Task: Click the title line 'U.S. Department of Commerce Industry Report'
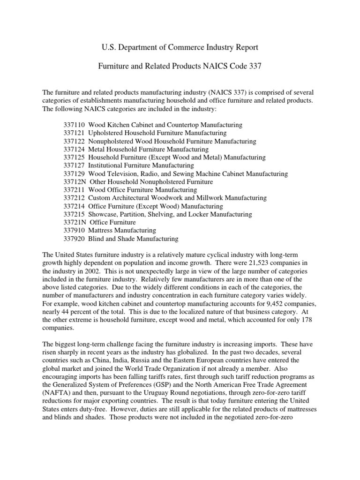180,47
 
